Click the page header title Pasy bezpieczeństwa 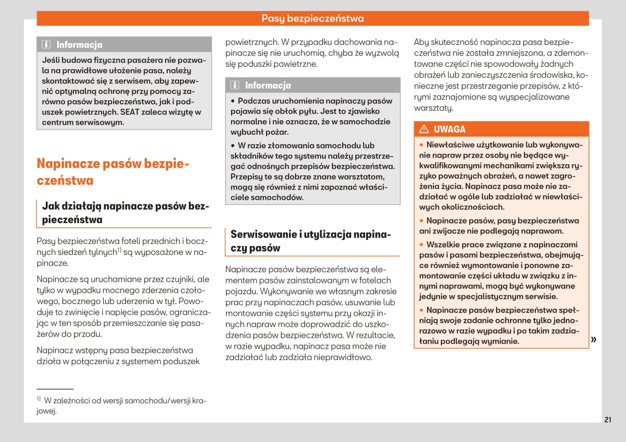point(312,19)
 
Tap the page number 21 point(608,420)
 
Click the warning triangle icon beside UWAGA point(424,130)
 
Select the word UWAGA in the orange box point(449,130)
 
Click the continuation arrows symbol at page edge point(594,339)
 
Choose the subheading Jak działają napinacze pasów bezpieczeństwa point(125,213)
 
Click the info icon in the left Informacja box point(46,45)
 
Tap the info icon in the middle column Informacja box point(235,85)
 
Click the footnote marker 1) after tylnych point(119,250)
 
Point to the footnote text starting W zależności point(122,406)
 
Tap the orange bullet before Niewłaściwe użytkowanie point(421,145)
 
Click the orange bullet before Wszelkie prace point(421,245)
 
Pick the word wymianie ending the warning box point(501,341)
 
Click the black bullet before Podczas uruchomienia point(233,101)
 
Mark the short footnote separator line point(55,389)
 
